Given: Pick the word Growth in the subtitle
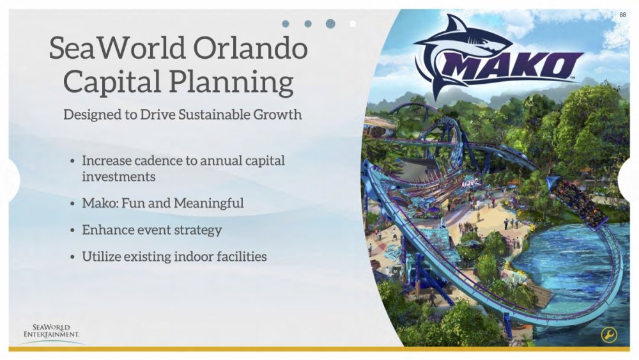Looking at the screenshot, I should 279,116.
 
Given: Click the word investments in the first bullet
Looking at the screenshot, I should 118,176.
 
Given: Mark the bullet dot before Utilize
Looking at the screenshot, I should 73,257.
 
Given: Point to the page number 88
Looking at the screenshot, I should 623,15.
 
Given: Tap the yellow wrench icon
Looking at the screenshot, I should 609,335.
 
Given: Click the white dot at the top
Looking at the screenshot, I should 353,24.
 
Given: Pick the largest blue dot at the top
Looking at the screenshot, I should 330,24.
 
